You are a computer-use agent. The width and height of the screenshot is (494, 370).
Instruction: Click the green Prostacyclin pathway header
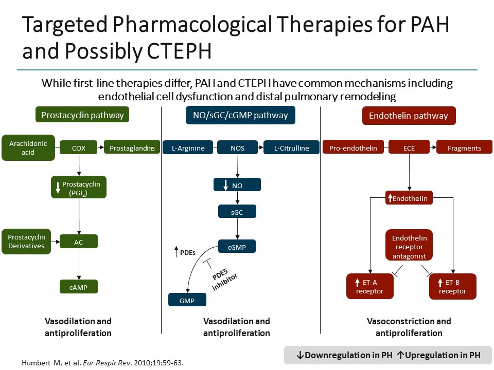pyautogui.click(x=82, y=115)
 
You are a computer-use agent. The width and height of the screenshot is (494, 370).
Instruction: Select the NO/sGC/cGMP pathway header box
pyautogui.click(x=240, y=115)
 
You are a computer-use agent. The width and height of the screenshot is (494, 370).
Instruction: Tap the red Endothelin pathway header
pyautogui.click(x=409, y=115)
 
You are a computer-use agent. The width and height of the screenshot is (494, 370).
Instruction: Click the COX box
pyautogui.click(x=79, y=149)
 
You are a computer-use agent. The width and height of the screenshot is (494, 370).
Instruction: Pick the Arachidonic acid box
pyautogui.click(x=28, y=148)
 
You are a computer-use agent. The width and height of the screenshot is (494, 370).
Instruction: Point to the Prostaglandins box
pyautogui.click(x=132, y=149)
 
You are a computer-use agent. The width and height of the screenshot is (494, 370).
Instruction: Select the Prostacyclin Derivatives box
pyautogui.click(x=26, y=242)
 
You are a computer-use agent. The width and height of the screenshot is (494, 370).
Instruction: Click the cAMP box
pyautogui.click(x=79, y=287)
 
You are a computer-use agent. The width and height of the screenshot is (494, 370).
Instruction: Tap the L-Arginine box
pyautogui.click(x=188, y=149)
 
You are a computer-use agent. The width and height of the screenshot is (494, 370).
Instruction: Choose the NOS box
pyautogui.click(x=237, y=149)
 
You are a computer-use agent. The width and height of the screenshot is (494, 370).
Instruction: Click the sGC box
pyautogui.click(x=237, y=211)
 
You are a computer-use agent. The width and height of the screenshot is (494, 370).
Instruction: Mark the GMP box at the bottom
pyautogui.click(x=187, y=300)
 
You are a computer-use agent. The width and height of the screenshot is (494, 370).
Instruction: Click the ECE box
pyautogui.click(x=409, y=149)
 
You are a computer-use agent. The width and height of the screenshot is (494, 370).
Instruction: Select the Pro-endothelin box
pyautogui.click(x=353, y=149)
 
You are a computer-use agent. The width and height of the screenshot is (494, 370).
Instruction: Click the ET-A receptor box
pyautogui.click(x=369, y=287)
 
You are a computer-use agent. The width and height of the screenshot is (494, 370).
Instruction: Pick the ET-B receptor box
pyautogui.click(x=453, y=287)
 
